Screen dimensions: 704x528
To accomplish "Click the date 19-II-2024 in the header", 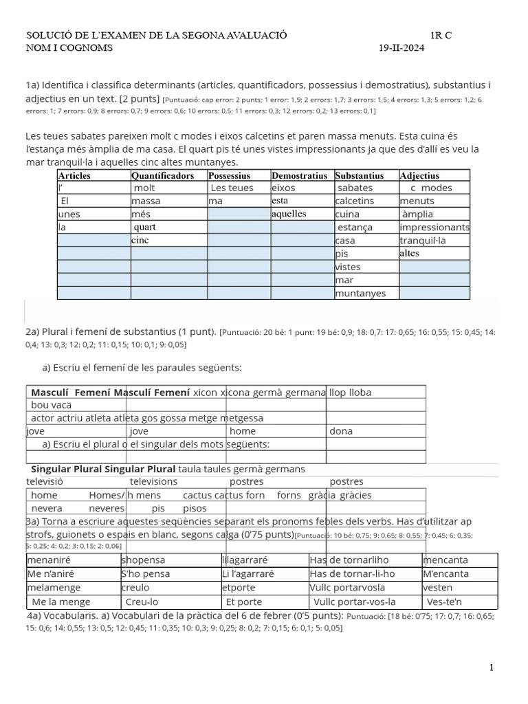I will (x=401, y=48).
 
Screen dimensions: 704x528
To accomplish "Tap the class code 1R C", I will (x=441, y=35).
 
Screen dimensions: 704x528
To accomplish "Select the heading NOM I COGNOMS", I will (x=69, y=48).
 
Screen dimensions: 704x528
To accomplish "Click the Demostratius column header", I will (x=299, y=175).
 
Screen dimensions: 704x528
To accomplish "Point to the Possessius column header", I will (x=230, y=175).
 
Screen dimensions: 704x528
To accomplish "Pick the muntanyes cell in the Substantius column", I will (x=360, y=294).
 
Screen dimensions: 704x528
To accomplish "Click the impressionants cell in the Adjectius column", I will (x=434, y=228).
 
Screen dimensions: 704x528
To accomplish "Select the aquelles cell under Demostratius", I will (x=289, y=214).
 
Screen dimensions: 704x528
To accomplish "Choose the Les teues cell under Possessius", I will (x=232, y=188).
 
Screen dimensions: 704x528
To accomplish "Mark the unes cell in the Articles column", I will (x=69, y=214).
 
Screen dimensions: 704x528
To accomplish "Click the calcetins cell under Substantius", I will (x=355, y=201).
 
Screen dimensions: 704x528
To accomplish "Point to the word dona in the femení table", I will (x=341, y=431).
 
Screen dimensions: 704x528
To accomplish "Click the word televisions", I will (x=153, y=482).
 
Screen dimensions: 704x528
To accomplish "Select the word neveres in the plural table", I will (x=107, y=509).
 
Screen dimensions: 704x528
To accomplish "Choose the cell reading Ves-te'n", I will (x=444, y=601).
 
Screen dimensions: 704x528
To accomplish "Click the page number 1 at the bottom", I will (x=492, y=668).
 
